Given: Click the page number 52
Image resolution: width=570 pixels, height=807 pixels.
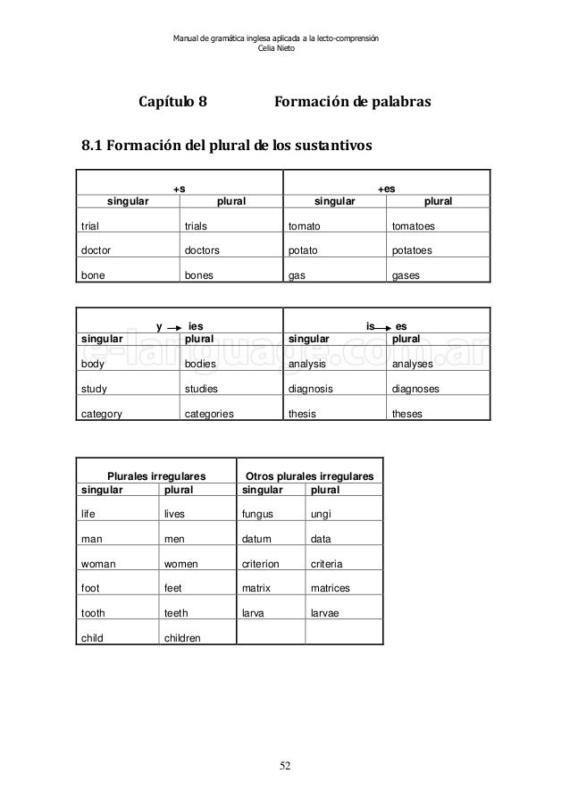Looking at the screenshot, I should (284, 766).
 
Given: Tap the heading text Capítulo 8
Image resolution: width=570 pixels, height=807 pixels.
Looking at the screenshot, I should (172, 103).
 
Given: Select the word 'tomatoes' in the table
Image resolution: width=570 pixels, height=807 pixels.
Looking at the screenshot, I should (418, 227).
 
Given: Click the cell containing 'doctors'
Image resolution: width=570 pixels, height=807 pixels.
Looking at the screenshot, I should (202, 251).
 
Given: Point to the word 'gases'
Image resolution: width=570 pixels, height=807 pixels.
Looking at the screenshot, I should (407, 276).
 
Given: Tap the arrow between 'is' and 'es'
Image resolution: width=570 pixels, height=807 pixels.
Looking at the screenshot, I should (384, 327).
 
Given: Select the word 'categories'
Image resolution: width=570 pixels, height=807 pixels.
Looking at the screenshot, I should (209, 414).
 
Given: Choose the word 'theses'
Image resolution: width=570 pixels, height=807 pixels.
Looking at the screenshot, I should (407, 414).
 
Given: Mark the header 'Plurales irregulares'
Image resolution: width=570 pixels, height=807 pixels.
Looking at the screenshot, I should (156, 476).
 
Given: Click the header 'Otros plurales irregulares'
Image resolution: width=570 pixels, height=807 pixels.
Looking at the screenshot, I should (308, 476).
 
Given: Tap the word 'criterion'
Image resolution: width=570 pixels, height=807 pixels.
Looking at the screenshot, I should (261, 564).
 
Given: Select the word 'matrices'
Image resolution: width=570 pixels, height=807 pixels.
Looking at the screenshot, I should (330, 588).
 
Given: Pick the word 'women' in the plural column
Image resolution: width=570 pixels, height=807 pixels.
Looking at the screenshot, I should (181, 564).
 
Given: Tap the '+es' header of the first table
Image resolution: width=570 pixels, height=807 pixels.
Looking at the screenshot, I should (386, 189).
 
